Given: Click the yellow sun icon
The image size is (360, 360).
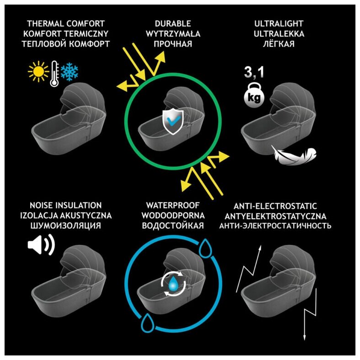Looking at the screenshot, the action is (x=38, y=72).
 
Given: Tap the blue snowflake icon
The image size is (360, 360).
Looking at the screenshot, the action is (x=69, y=71).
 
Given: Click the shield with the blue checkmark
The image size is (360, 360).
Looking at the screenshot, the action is (x=173, y=121).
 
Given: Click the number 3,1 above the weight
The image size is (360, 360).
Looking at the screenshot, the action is (x=254, y=72).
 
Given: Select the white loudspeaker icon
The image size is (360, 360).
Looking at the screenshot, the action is (x=41, y=245).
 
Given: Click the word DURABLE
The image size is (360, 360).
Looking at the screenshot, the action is (x=173, y=23).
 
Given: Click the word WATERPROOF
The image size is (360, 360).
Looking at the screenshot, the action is (x=173, y=206).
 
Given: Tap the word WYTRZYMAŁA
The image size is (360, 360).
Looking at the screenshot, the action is (x=173, y=34).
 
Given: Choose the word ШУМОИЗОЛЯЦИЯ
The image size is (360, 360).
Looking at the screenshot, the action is (x=64, y=226).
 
